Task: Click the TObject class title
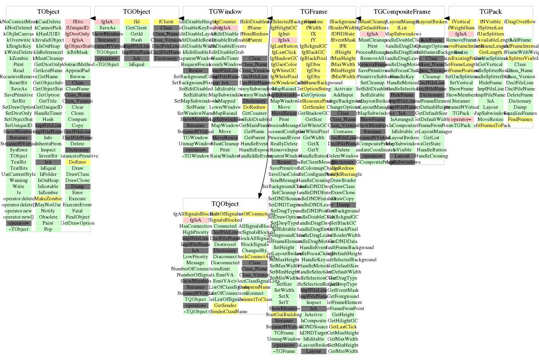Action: click(x=48, y=12)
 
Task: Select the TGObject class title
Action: click(x=137, y=12)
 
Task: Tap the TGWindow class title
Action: click(x=225, y=12)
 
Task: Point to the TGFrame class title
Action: click(x=314, y=12)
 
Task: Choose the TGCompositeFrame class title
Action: click(x=402, y=12)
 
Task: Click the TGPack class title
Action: click(x=491, y=12)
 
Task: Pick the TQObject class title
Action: click(x=225, y=204)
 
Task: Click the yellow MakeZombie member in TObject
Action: click(x=48, y=199)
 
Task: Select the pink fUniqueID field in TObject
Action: click(x=77, y=28)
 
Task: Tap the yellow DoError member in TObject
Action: click(x=77, y=162)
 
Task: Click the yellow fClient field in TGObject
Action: click(x=166, y=22)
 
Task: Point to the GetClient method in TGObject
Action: click(x=137, y=28)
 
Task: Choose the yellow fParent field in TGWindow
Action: click(x=254, y=40)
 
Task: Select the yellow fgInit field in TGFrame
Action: click(x=284, y=34)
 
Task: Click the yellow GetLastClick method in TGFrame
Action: click(x=343, y=327)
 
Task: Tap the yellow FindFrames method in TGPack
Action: click(x=520, y=119)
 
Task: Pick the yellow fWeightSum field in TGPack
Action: click(x=461, y=28)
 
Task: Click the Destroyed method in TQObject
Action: click(x=225, y=244)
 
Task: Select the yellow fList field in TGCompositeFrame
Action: click(x=402, y=28)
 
